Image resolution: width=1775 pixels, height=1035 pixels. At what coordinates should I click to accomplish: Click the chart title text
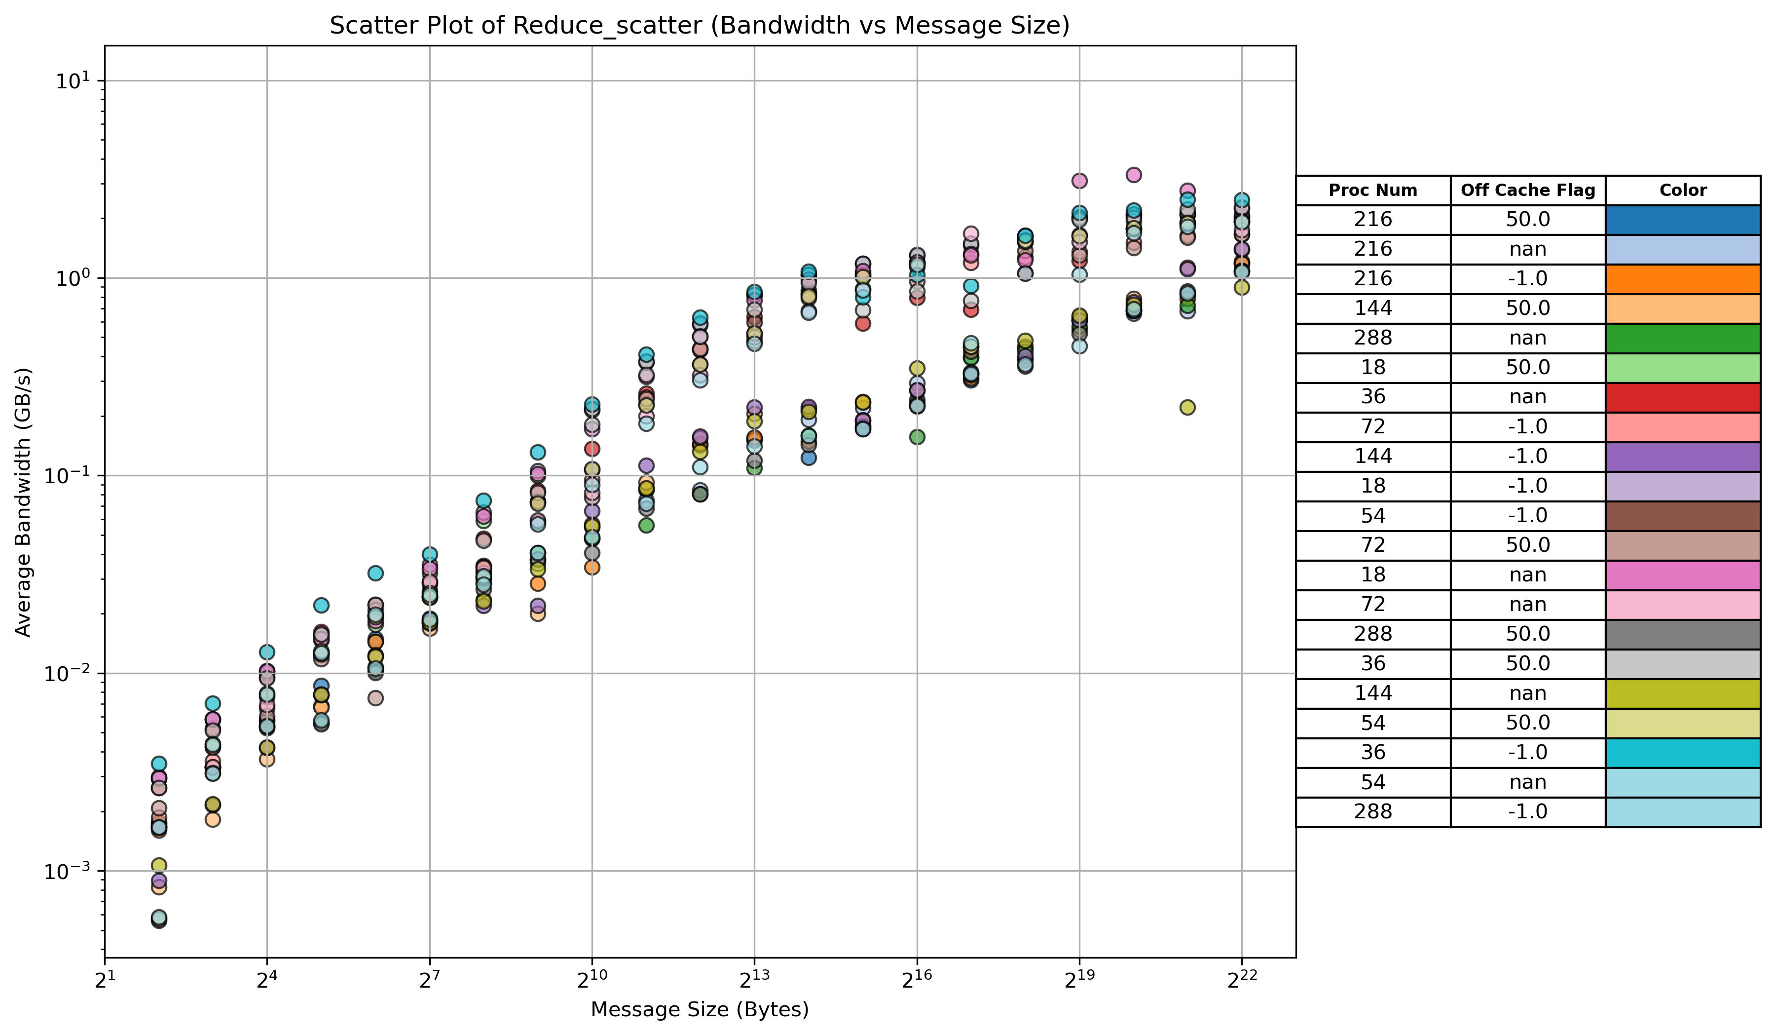point(700,25)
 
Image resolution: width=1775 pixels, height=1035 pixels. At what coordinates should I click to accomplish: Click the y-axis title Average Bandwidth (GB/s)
point(23,501)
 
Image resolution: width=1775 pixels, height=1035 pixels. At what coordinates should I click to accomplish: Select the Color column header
point(1683,190)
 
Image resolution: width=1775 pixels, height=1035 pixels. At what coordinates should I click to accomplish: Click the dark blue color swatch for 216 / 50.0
point(1683,220)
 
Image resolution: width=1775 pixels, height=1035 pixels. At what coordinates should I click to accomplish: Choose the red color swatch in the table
point(1683,397)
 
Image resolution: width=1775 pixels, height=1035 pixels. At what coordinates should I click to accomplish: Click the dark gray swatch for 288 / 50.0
point(1683,634)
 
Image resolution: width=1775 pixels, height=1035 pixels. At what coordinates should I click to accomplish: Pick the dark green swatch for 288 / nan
point(1683,338)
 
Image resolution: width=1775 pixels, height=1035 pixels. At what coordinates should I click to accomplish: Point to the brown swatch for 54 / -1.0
point(1683,516)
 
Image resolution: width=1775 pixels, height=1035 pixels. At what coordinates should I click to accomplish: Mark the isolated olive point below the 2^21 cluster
point(1187,407)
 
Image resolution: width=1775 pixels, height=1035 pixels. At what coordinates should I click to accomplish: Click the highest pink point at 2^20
point(1133,175)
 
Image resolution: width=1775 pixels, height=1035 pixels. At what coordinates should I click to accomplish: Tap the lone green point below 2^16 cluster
point(917,437)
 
